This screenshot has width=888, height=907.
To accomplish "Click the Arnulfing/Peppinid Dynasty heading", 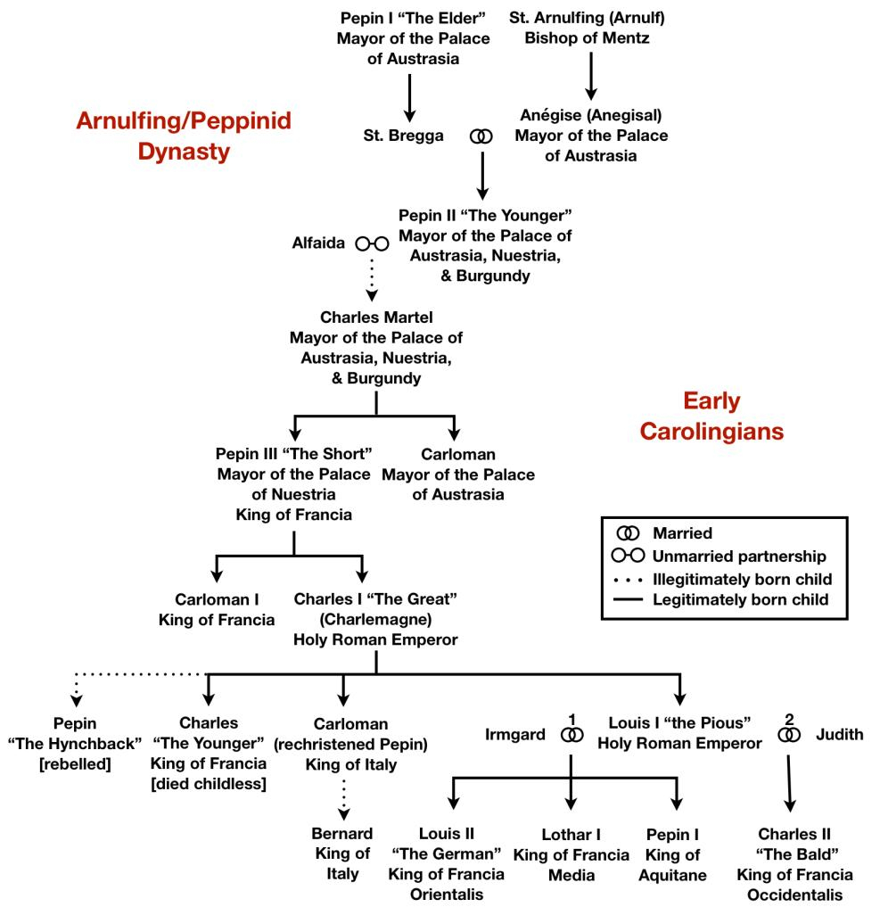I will pos(184,136).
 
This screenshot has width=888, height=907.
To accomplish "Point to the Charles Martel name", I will pos(376,318).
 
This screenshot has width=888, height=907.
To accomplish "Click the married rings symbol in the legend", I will pos(629,534).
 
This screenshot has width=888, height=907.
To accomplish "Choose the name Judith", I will pos(839,735).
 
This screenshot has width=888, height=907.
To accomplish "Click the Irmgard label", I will pos(512,735).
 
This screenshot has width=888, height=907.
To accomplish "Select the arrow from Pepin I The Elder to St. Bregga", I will pos(409,97).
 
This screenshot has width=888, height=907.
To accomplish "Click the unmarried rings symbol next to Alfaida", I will pos(372,243).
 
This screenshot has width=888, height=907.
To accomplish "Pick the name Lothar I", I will pos(571,835).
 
